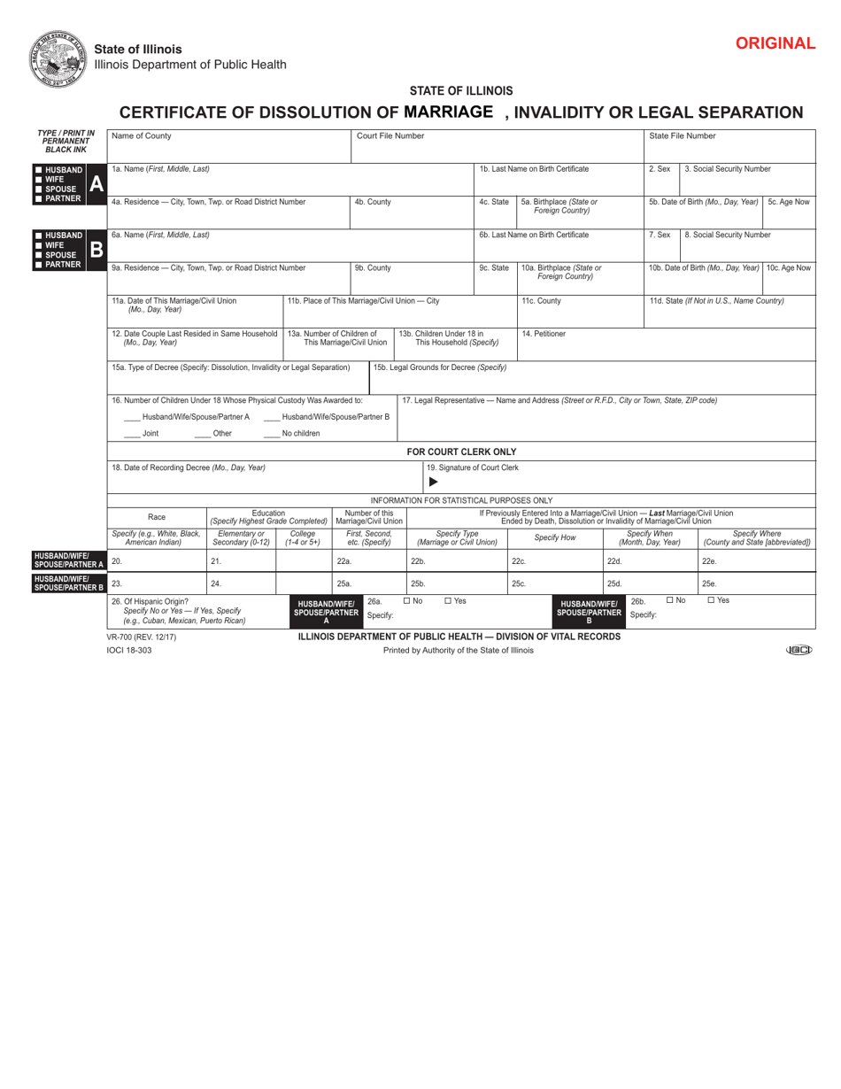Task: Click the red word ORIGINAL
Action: coord(775,43)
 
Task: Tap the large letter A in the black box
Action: coord(96,183)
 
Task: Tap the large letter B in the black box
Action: coord(96,250)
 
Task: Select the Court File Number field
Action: coord(497,147)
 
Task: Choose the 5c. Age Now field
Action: coord(789,212)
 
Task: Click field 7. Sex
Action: coord(660,245)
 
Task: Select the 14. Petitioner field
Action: coord(665,344)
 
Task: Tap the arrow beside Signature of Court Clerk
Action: coord(433,482)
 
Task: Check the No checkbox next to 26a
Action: coord(407,600)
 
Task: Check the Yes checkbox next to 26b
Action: coord(712,600)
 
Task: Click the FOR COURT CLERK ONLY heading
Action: coord(461,452)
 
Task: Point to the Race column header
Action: coord(157,517)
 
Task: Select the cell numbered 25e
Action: coord(757,583)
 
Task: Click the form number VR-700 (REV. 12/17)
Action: coord(141,636)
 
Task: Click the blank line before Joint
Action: coord(131,434)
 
